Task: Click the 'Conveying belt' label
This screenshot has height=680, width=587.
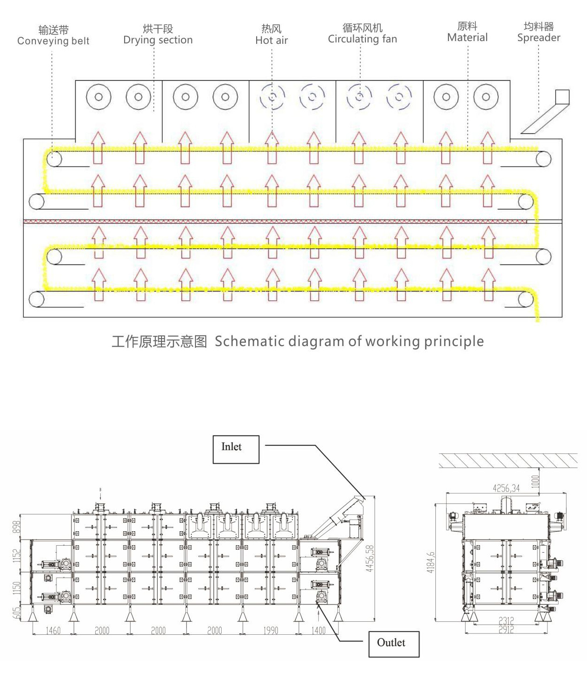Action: [x=53, y=41]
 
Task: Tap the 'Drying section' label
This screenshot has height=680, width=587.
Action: [x=158, y=40]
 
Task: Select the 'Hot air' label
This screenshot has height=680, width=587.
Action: [x=272, y=41]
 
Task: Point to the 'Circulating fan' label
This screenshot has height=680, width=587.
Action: [x=362, y=39]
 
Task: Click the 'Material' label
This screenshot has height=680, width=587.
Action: [x=467, y=38]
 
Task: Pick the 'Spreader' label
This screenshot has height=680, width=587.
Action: [x=538, y=38]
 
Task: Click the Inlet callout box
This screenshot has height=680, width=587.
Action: [x=236, y=449]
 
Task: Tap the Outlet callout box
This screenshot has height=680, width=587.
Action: [x=394, y=644]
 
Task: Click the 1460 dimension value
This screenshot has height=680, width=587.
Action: [x=53, y=631]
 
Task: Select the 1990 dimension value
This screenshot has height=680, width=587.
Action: [x=271, y=631]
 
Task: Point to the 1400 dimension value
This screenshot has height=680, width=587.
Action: [x=318, y=631]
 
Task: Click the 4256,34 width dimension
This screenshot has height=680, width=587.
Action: [x=506, y=488]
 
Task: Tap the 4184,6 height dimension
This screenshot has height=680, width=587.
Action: [x=431, y=562]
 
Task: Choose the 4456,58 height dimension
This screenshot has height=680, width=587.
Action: [x=370, y=558]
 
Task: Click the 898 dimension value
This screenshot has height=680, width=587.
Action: [x=17, y=527]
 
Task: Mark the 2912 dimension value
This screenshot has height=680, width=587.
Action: [x=506, y=630]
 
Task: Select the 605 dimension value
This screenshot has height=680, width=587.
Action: [x=17, y=612]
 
